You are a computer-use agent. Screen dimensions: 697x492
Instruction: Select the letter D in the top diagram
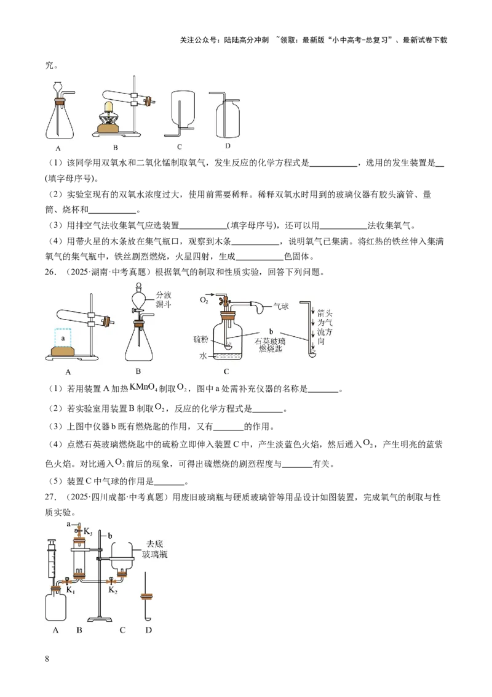click(228, 147)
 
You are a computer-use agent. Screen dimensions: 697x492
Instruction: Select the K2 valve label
click(113, 590)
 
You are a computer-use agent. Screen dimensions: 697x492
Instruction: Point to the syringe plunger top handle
click(52, 541)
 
